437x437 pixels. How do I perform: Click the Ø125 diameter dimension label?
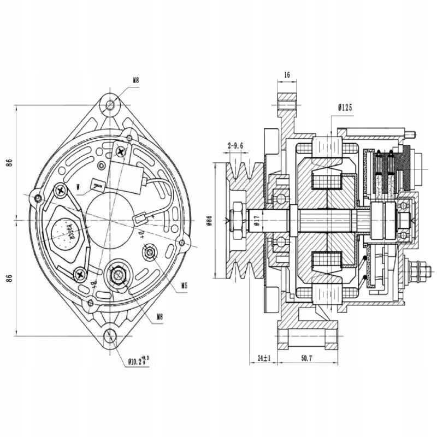pos(344,108)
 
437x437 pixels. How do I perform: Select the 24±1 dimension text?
pos(264,358)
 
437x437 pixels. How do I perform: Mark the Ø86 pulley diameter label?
pos(209,220)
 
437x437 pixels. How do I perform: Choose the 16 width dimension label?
pos(287,74)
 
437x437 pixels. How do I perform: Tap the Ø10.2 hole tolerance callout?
pos(138,360)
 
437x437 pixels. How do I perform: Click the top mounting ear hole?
pos(111,104)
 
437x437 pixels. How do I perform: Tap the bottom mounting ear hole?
pos(111,335)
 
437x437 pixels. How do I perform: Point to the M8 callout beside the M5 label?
pos(160,316)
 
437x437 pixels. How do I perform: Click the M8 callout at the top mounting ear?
pos(135,80)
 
